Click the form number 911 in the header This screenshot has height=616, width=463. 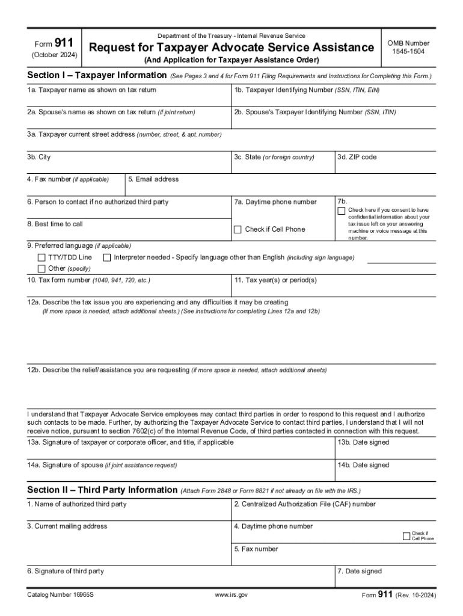click(x=64, y=43)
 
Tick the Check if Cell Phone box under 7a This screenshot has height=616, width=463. click(x=238, y=229)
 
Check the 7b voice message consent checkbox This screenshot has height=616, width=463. click(x=342, y=211)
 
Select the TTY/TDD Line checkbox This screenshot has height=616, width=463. click(x=41, y=257)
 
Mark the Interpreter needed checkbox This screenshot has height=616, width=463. click(x=107, y=257)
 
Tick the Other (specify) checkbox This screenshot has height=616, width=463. click(x=41, y=268)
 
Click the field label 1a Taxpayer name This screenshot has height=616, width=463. click(x=91, y=90)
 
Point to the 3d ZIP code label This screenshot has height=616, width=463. click(x=357, y=157)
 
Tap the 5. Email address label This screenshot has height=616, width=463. click(x=153, y=179)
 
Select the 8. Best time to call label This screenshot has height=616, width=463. click(x=55, y=224)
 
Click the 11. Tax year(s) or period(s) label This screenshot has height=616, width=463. click(x=275, y=280)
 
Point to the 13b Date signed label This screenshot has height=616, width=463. click(x=363, y=442)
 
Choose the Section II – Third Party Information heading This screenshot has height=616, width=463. click(x=102, y=490)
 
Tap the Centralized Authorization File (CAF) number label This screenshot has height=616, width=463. click(x=305, y=504)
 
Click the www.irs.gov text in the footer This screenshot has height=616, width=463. click(x=231, y=594)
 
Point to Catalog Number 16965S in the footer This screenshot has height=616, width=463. click(x=60, y=594)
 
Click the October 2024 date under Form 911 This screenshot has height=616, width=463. click(x=54, y=55)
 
